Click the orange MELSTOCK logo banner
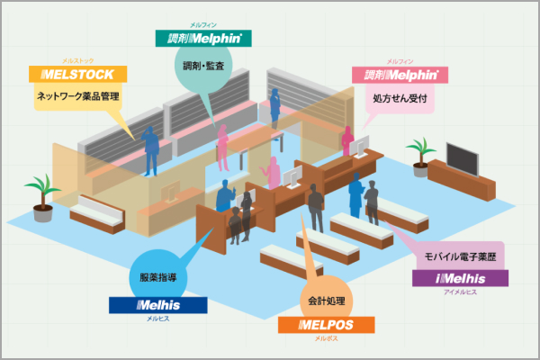pos(78,74)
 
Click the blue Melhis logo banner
pos(157,306)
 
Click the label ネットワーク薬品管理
pos(78,96)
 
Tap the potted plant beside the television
pos(419,152)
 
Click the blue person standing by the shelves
pos(151,148)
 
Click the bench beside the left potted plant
pos(96,211)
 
